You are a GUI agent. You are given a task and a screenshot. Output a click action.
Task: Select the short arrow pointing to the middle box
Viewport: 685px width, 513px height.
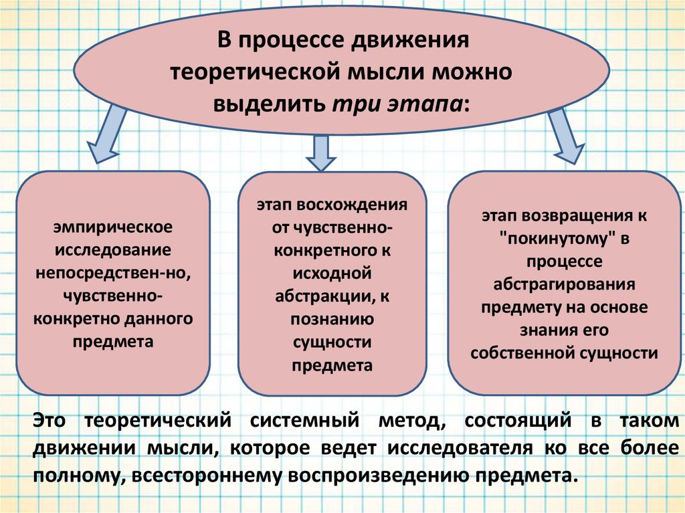click(x=320, y=152)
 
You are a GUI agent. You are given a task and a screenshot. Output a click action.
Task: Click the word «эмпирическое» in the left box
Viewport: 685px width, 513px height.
click(x=114, y=227)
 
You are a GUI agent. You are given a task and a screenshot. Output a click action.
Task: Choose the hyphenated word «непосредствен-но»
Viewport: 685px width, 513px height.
click(x=114, y=272)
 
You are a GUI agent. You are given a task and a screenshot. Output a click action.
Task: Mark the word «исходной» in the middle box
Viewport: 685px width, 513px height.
click(x=332, y=274)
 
